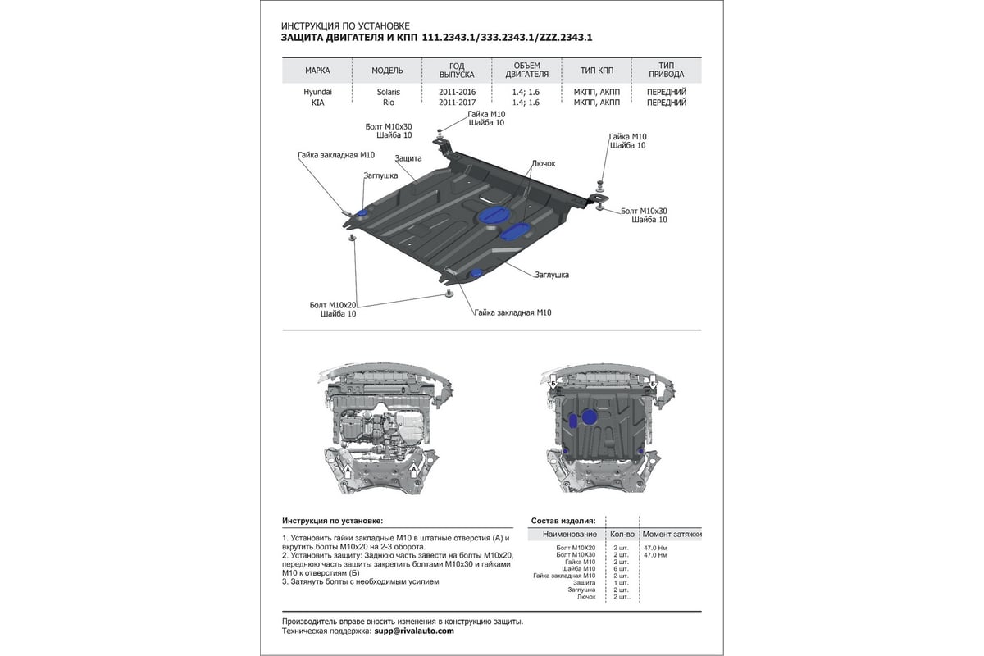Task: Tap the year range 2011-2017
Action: (x=457, y=102)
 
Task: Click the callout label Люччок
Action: (x=543, y=163)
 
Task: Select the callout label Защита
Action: (x=408, y=157)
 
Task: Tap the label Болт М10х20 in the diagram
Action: (x=331, y=304)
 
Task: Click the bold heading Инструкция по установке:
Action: (x=332, y=521)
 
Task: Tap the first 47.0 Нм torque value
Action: (x=656, y=546)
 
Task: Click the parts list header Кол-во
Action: (x=622, y=534)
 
